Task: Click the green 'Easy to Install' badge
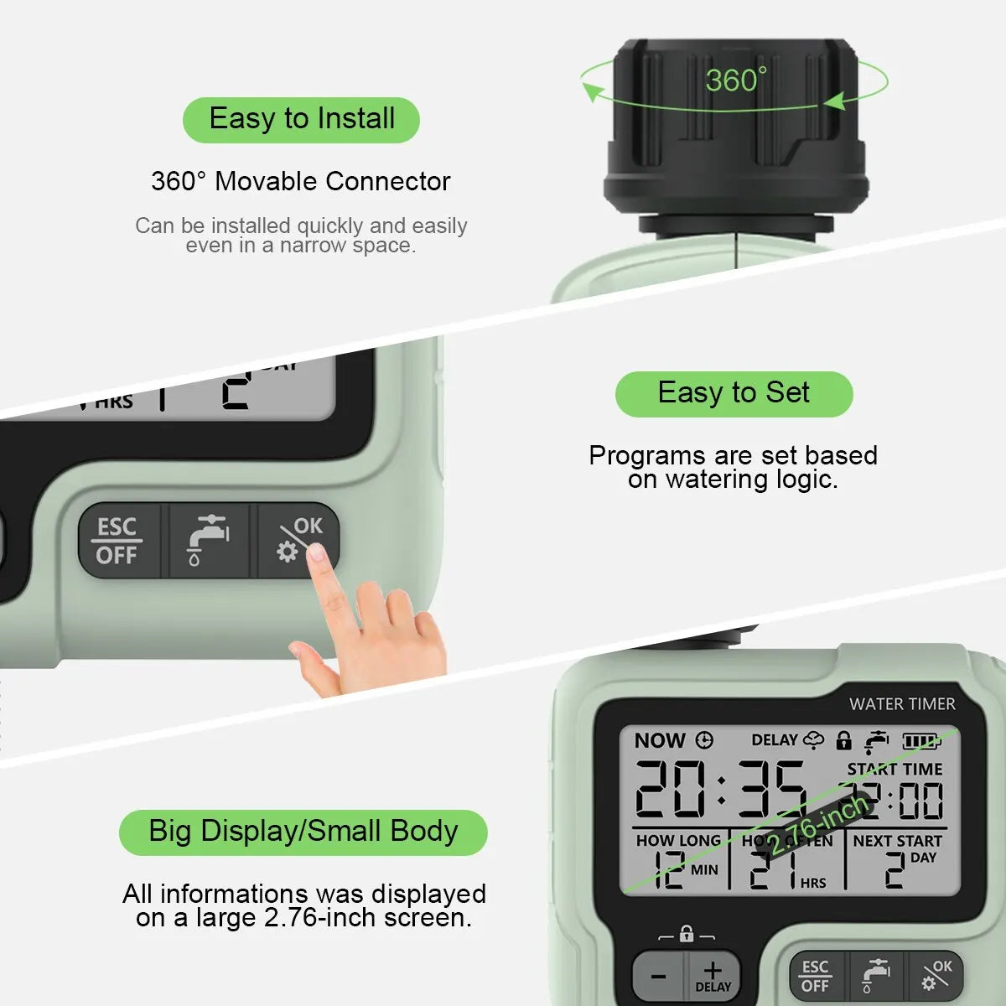(301, 119)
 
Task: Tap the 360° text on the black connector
(735, 80)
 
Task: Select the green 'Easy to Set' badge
(734, 393)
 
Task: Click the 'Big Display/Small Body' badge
(303, 832)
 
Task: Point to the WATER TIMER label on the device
(901, 704)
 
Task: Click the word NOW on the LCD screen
(660, 740)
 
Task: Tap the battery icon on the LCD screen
(920, 741)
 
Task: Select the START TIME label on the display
(894, 769)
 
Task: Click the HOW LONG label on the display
(677, 840)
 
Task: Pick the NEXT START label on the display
(897, 840)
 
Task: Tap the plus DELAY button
(713, 976)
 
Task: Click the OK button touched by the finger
(298, 539)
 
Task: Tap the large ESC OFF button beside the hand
(117, 541)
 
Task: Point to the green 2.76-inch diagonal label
(817, 826)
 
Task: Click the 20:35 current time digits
(720, 790)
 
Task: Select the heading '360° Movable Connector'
(300, 181)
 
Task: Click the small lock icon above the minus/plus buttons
(687, 934)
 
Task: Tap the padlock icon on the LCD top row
(843, 740)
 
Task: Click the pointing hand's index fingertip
(317, 552)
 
